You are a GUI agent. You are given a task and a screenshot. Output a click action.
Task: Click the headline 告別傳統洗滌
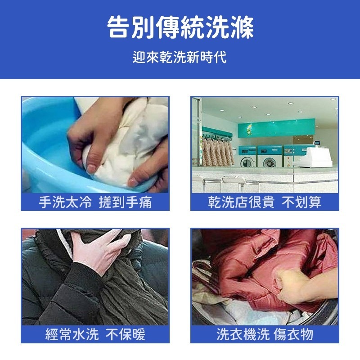click(x=180, y=28)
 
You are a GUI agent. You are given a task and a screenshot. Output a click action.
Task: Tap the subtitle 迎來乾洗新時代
click(x=180, y=58)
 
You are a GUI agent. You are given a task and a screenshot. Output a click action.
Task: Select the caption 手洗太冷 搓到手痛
click(x=95, y=202)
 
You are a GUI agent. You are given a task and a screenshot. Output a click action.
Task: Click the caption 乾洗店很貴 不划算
click(x=265, y=202)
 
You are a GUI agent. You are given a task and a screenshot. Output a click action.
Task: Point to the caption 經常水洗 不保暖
click(x=95, y=334)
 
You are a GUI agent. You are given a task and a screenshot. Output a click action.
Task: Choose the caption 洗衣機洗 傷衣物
click(x=265, y=334)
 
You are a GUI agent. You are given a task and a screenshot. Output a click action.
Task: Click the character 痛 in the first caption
click(x=145, y=202)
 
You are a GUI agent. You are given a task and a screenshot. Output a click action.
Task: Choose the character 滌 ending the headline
click(x=242, y=28)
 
